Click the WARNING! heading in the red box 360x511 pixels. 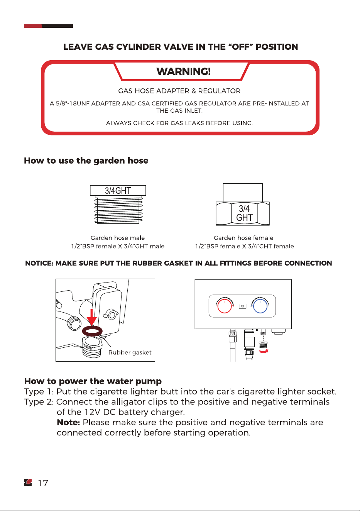183,71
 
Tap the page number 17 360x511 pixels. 43,483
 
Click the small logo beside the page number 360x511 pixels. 28,483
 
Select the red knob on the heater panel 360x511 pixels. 225,306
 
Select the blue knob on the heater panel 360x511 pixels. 260,306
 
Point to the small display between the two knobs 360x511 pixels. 243,306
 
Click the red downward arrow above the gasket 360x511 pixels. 91,317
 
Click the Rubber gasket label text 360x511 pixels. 130,352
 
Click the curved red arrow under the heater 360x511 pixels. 264,352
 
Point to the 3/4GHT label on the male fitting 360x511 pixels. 118,191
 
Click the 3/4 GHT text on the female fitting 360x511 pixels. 244,213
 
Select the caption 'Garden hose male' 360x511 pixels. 118,238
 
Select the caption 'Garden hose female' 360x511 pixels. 243,238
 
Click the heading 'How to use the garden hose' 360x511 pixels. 86,161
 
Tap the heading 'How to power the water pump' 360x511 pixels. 93,381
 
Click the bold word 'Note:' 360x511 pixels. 68,423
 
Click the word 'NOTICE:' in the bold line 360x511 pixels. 39,263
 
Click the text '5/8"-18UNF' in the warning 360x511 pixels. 72,103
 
